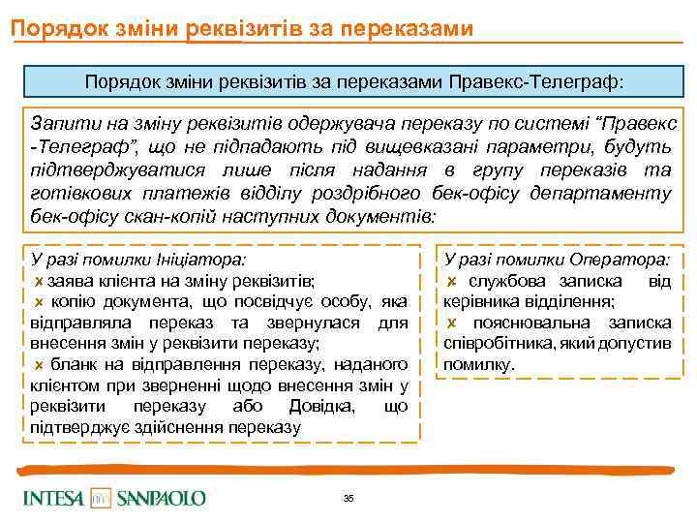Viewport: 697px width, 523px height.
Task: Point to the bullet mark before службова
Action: [452, 282]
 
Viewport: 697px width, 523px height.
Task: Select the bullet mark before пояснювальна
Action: [452, 323]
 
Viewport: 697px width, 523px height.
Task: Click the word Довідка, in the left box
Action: [324, 407]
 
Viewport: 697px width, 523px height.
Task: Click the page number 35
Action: [348, 498]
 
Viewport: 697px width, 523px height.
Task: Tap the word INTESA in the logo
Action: [54, 498]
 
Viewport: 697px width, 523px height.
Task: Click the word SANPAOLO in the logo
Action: [162, 498]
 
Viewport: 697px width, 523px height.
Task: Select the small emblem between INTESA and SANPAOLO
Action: [102, 498]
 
